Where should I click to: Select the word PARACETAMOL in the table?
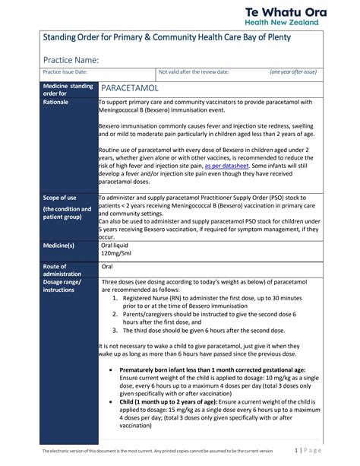coord(137,89)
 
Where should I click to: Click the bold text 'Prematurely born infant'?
coord(163,369)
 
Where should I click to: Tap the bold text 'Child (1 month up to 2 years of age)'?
coord(168,402)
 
